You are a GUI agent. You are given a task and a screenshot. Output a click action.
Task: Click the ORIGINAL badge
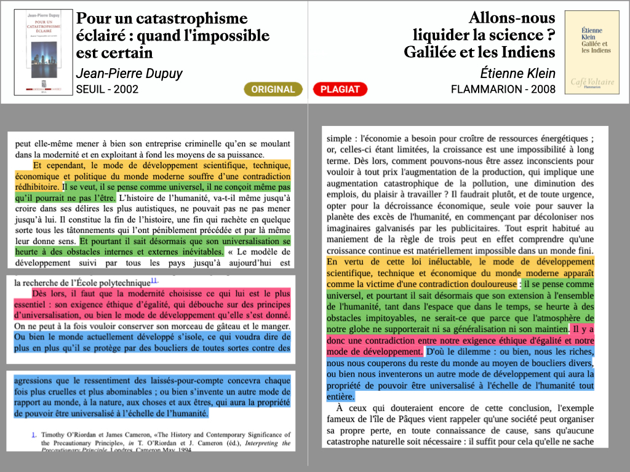click(x=273, y=89)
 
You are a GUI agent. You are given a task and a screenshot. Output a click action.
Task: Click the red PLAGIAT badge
click(x=340, y=89)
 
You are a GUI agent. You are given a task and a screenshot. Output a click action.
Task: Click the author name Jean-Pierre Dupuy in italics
click(x=129, y=73)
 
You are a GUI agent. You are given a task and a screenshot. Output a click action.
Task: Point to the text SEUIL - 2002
click(x=107, y=89)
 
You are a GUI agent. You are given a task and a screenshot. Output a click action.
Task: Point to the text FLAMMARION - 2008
click(x=503, y=89)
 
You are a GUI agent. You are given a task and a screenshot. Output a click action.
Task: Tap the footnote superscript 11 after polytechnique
click(x=154, y=281)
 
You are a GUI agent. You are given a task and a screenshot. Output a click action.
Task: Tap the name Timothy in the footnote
click(x=57, y=434)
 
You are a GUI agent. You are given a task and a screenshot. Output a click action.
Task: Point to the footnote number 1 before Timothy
click(x=33, y=435)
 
